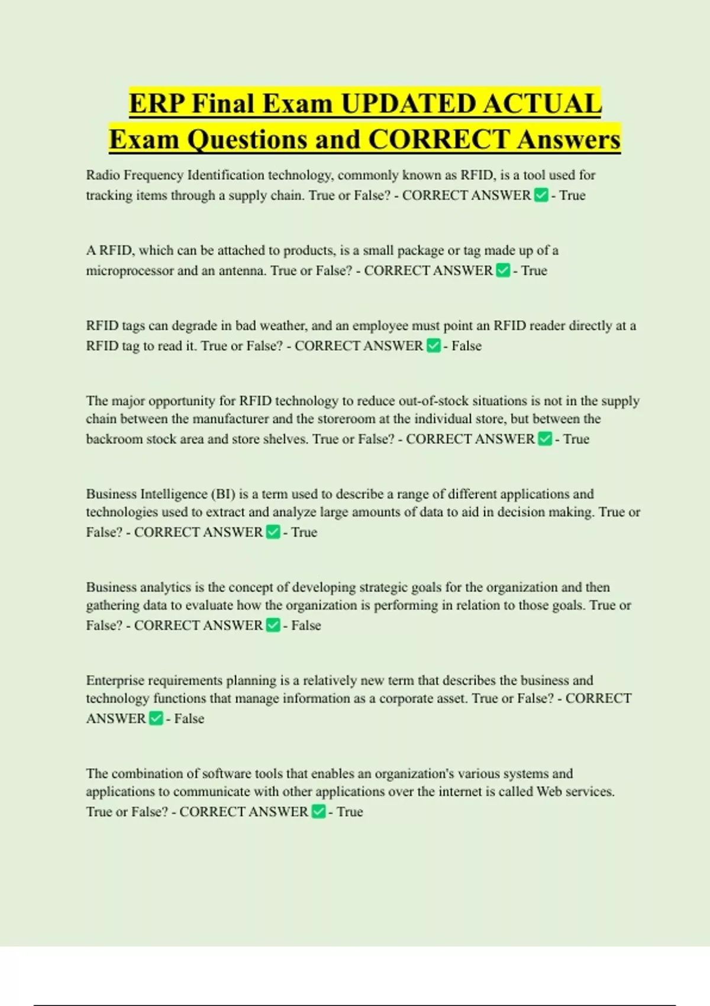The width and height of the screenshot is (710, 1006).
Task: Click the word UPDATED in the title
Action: coord(408,104)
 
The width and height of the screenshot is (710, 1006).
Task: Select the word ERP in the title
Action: coord(156,104)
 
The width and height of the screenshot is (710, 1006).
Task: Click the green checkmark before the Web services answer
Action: coord(318,811)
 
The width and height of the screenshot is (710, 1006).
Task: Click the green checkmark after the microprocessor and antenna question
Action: coord(503,270)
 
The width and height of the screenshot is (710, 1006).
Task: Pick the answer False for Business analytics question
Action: coord(306,625)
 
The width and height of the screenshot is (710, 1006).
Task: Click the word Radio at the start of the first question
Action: coord(103,175)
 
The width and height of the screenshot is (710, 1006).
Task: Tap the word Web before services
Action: coord(549,792)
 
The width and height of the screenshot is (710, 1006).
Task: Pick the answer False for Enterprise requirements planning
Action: coord(189,718)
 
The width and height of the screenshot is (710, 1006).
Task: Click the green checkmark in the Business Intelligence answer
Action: coord(273,532)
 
